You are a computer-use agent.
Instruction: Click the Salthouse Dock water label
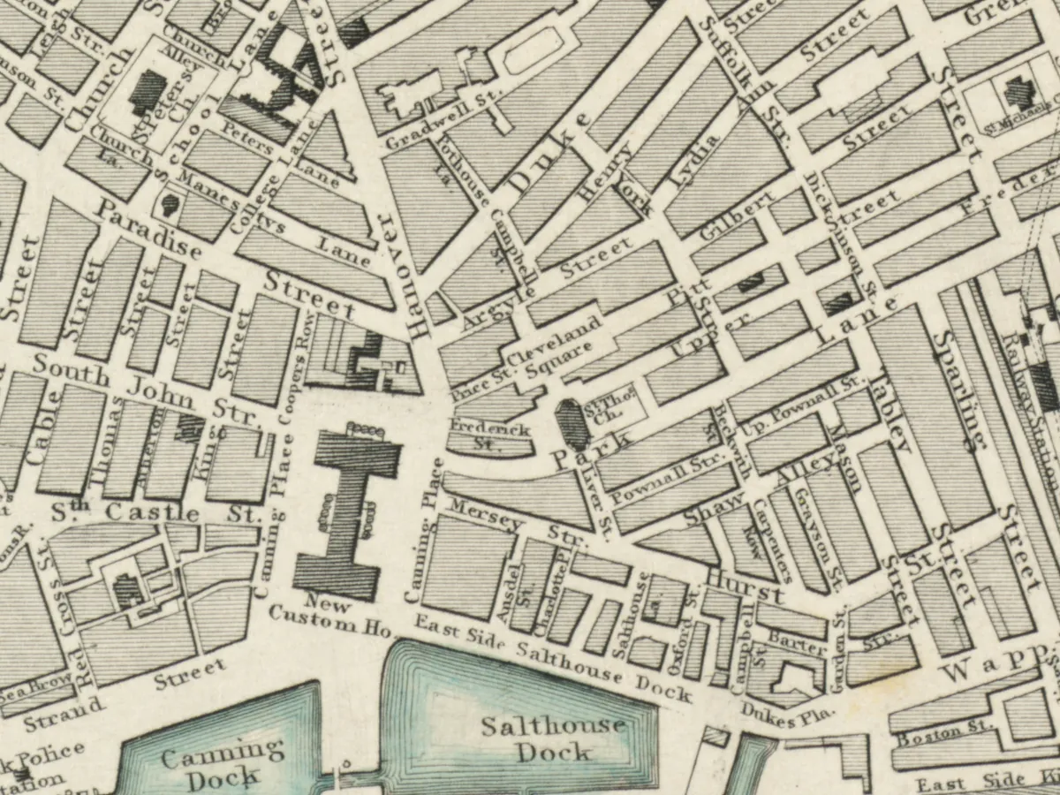(553, 738)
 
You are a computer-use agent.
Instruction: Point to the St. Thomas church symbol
(572, 423)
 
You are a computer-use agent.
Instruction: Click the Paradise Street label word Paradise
(149, 230)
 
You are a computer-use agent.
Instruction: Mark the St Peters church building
(148, 91)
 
